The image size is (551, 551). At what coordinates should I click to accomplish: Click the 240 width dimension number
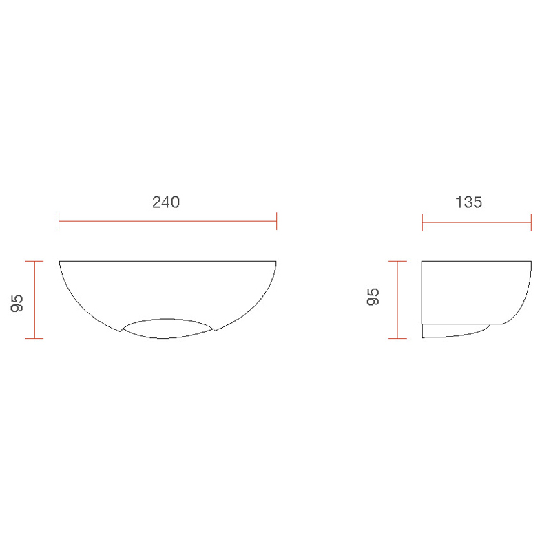click(166, 202)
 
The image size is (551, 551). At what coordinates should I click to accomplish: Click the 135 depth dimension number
click(468, 202)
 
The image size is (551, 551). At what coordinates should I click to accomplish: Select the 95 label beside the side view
click(373, 298)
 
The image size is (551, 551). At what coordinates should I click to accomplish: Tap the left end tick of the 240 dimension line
click(60, 222)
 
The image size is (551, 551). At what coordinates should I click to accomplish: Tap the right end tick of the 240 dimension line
click(276, 222)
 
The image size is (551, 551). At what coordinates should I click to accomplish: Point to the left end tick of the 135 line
click(422, 222)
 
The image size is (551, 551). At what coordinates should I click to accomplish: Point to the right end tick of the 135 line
click(531, 222)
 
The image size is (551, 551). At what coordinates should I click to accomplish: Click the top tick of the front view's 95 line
click(34, 261)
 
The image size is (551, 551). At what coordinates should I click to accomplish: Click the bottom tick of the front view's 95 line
click(34, 338)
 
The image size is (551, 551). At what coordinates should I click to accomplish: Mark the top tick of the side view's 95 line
click(397, 261)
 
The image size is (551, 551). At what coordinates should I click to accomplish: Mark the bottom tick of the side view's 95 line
click(397, 338)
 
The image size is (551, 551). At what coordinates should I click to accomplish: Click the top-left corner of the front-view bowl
click(60, 261)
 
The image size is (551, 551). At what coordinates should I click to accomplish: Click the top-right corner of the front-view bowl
click(276, 261)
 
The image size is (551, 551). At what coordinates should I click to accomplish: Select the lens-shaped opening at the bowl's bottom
click(168, 328)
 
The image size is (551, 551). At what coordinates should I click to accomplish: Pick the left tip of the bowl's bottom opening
click(122, 331)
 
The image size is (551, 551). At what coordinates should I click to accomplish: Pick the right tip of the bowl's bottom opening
click(214, 330)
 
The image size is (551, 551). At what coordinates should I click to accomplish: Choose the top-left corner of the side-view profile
click(422, 261)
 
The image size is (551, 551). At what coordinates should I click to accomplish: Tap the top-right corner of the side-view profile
click(531, 261)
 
